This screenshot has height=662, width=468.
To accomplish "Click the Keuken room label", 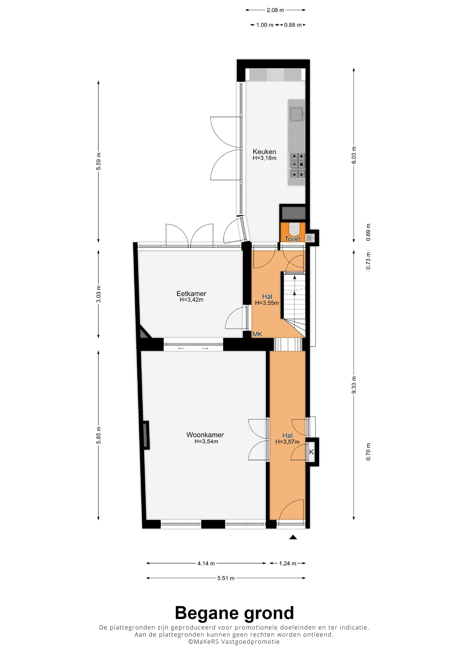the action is click(x=264, y=152).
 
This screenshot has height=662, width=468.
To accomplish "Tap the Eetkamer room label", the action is click(x=191, y=294).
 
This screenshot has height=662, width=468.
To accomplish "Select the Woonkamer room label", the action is click(x=205, y=435).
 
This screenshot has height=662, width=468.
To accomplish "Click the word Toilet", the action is click(x=293, y=239).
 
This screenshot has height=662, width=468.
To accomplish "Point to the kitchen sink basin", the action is click(x=297, y=114).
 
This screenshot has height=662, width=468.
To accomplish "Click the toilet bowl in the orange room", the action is click(x=294, y=229).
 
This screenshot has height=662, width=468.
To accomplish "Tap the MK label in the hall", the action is click(x=257, y=334).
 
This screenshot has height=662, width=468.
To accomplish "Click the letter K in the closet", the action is click(x=312, y=452).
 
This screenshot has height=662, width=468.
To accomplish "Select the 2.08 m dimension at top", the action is click(x=275, y=10).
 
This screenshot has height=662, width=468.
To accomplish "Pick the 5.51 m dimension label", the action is click(x=226, y=578).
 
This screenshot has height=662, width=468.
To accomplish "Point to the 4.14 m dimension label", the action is click(x=206, y=563).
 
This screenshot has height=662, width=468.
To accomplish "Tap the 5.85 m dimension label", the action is click(x=99, y=435).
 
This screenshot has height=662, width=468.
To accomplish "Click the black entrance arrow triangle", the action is click(x=293, y=537).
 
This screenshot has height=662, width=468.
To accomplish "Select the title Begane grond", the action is click(x=234, y=613).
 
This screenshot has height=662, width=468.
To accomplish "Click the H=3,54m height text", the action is click(x=206, y=442).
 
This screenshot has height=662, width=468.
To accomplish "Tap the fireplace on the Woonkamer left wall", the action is click(x=146, y=435).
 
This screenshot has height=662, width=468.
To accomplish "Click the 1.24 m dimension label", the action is click(x=288, y=563).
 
